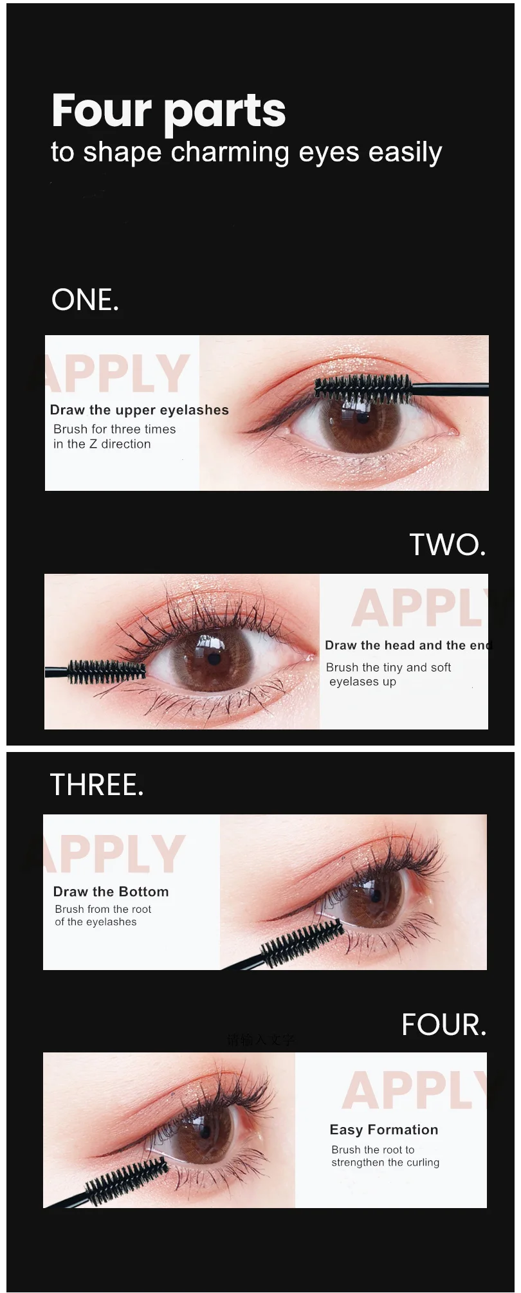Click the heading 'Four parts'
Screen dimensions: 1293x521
point(169,111)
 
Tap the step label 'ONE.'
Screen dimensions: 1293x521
point(85,300)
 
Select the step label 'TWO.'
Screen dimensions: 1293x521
point(447,544)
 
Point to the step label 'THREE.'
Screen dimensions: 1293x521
point(96,785)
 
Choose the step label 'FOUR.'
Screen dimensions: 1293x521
point(443,1024)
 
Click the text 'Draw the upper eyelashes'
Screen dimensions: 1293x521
point(139,410)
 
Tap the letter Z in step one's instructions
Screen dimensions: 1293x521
point(93,444)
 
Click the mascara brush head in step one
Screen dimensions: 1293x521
point(363,388)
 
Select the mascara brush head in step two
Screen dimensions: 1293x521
point(106,671)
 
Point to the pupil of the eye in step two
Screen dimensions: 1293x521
point(214,658)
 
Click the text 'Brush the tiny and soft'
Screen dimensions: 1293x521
point(388,667)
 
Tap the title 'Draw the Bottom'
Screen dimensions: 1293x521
point(111,892)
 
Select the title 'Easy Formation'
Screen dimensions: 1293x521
point(383,1130)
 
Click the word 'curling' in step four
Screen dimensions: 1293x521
point(423,1162)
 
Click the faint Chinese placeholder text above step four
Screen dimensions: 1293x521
point(260,1040)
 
